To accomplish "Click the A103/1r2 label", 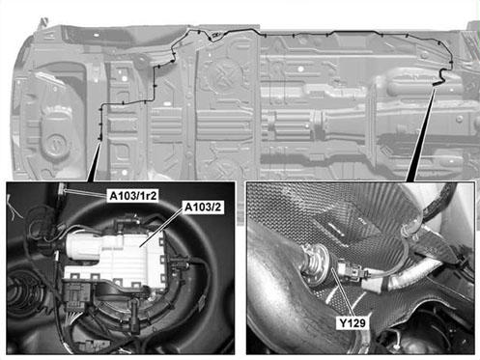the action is [x=133, y=196].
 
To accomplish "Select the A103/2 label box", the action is [x=203, y=208].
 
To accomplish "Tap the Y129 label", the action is [x=353, y=323].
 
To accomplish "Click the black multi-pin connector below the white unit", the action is [x=76, y=296].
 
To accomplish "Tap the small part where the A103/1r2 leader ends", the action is [x=62, y=190].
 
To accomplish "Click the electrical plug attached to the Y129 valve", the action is [x=353, y=273].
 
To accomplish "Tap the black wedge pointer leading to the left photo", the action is [x=95, y=161].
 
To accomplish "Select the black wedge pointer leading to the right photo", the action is [x=422, y=133].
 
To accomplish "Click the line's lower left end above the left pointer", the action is [x=100, y=139].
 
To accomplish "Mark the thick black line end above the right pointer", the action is [x=437, y=84].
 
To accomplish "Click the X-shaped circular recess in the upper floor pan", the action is [x=223, y=73].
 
